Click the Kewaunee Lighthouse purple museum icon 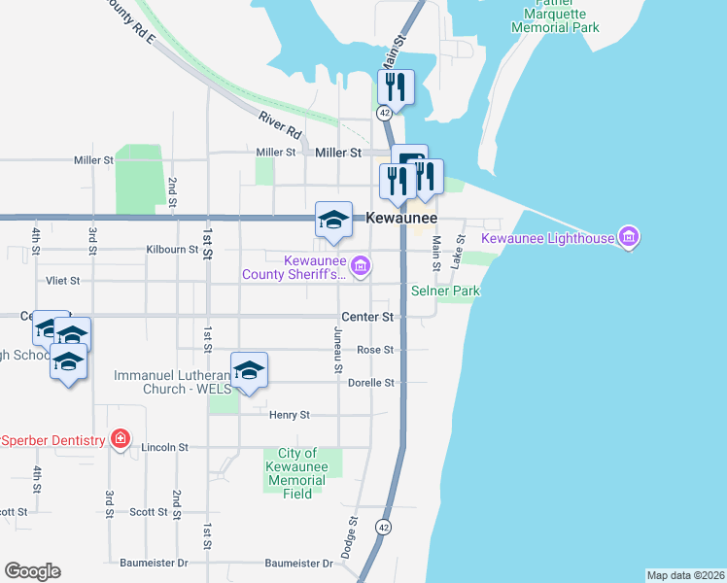(628, 237)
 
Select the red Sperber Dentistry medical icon (120, 439)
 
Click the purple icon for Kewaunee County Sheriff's (361, 264)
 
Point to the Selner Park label (445, 291)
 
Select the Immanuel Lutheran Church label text (173, 382)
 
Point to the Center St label (367, 317)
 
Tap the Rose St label (375, 350)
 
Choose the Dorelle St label (370, 383)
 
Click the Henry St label (289, 415)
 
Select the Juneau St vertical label (338, 349)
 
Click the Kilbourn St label (173, 250)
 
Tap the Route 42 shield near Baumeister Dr (385, 527)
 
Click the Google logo (32, 571)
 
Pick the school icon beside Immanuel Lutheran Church (250, 369)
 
